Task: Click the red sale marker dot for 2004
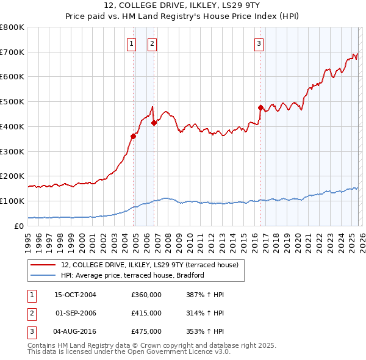(133, 136)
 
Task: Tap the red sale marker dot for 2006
(154, 123)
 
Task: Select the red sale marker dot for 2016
(260, 108)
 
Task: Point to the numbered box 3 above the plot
(259, 43)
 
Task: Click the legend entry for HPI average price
(132, 275)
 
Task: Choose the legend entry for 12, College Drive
(153, 265)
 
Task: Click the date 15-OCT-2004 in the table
(75, 295)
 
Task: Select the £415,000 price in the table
(146, 313)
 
